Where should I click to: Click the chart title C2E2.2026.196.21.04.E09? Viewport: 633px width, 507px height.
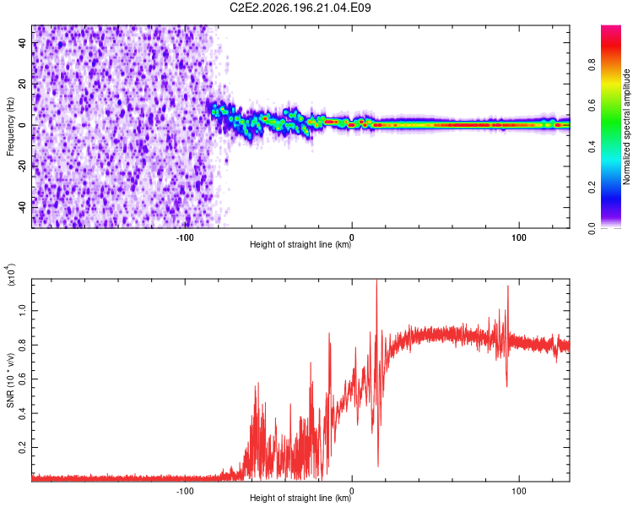point(300,8)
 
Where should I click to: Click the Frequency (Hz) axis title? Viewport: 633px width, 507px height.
point(10,127)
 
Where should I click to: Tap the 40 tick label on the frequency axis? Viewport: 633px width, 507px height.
point(23,42)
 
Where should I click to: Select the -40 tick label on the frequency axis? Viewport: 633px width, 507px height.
point(23,206)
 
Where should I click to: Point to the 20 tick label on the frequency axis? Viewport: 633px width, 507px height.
point(23,84)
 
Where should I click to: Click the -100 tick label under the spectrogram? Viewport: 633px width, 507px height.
point(185,237)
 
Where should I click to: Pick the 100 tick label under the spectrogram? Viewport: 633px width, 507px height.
point(519,237)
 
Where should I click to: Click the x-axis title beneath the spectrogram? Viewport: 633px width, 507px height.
point(300,244)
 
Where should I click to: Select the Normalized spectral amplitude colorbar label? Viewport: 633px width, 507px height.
point(626,127)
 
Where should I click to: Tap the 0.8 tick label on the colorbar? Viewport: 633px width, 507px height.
point(592,65)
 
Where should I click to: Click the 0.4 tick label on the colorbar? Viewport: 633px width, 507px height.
point(592,147)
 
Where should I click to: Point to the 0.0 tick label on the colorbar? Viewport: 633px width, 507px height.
point(592,229)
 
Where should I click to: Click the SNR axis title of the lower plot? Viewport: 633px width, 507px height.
point(10,380)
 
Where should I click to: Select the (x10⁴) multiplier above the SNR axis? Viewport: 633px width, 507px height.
point(10,275)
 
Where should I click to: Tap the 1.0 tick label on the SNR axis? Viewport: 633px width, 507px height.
point(23,310)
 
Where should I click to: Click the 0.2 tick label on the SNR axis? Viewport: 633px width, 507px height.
point(23,447)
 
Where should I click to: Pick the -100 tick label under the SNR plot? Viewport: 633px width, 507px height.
point(185,491)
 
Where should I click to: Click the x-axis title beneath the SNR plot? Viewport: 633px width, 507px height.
point(300,498)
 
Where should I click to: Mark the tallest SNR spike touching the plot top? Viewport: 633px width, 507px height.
point(376,281)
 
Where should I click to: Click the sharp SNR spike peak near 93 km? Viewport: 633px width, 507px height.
point(508,286)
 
